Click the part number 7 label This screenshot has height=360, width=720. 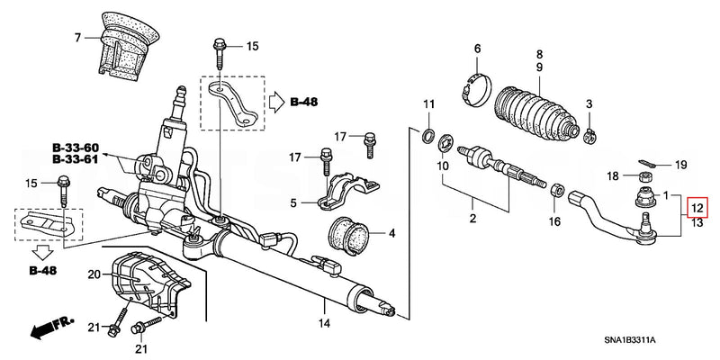tap(78, 38)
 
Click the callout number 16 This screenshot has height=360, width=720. tap(554, 221)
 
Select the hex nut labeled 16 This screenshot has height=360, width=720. tap(555, 193)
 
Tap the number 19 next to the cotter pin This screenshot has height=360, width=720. tap(680, 165)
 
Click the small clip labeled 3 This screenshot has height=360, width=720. tap(589, 135)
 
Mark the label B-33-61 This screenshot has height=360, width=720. tap(75, 158)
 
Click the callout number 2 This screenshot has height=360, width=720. tap(472, 219)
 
